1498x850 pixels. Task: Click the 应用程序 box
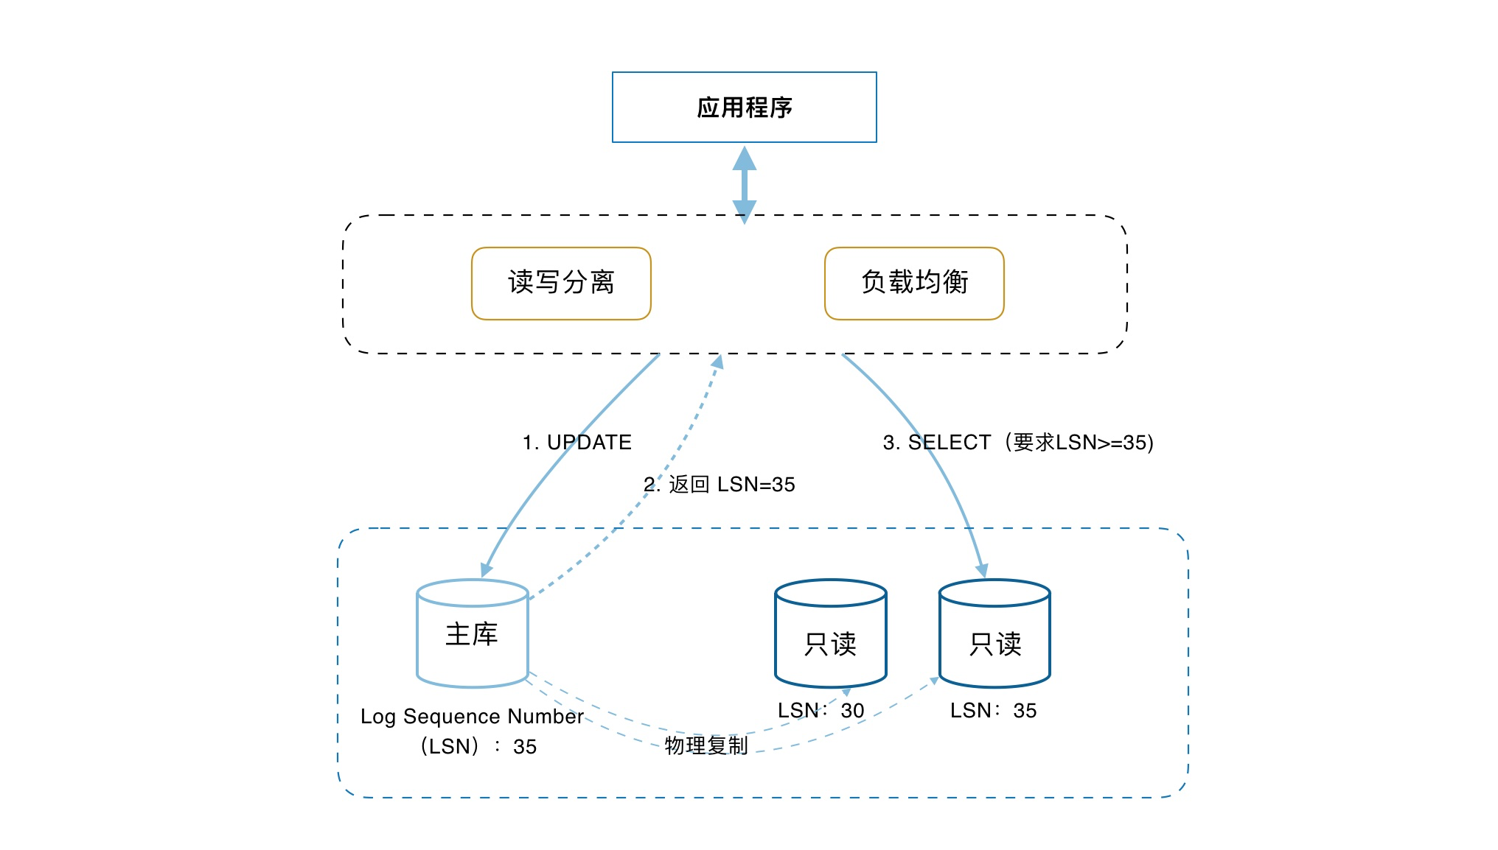744,108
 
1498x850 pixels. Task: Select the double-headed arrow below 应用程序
744,184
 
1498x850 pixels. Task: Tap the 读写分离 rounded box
561,283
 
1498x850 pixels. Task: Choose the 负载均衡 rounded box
914,283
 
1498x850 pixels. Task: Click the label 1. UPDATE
577,443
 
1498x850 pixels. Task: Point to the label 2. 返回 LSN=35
720,485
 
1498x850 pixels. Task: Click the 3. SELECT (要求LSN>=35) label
1018,443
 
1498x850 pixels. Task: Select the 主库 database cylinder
473,634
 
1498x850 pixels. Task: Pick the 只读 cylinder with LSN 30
831,634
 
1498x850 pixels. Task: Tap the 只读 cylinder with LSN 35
994,634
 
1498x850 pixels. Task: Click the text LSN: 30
821,711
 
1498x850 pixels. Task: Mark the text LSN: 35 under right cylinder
993,711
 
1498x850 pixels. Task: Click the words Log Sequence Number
472,717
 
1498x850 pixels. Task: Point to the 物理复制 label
706,745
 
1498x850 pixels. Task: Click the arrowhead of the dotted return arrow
718,362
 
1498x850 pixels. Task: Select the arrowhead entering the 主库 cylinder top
486,570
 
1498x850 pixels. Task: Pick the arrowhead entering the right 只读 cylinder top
982,571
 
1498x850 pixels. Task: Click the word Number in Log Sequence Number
546,717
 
